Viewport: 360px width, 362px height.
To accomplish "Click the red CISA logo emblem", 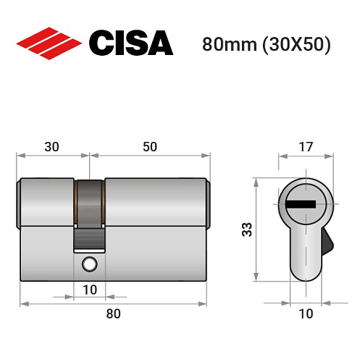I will [x=49, y=43].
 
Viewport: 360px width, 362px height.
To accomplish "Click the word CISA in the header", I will [x=130, y=43].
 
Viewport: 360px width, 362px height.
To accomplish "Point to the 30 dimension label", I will [x=51, y=146].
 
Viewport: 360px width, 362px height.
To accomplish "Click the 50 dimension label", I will [x=149, y=146].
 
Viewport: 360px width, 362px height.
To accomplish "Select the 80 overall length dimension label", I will [x=112, y=313].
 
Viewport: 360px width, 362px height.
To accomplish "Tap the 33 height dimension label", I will [x=246, y=230].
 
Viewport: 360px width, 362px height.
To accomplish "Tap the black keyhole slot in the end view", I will [x=301, y=204].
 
